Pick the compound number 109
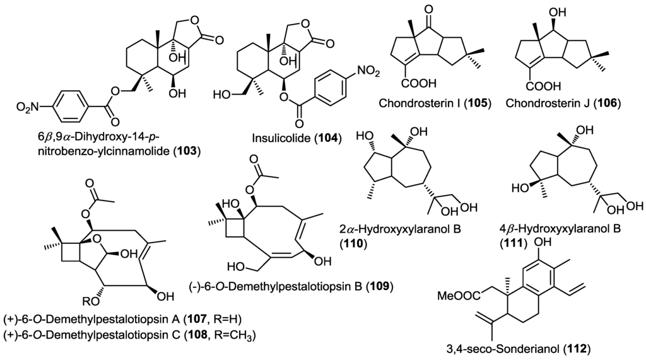pos(380,287)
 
